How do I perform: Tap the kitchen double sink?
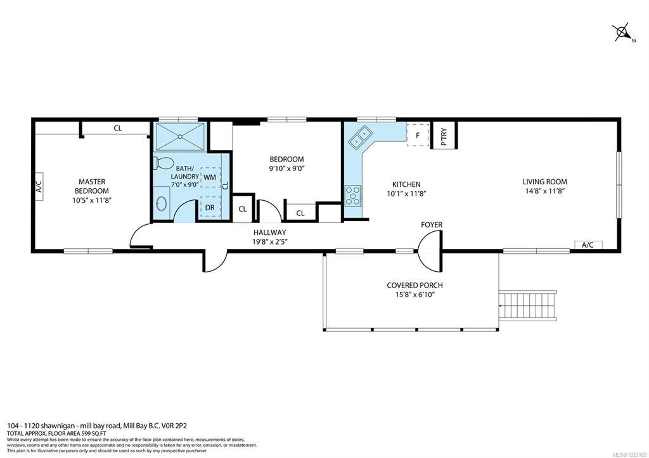[x=360, y=137]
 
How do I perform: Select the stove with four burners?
[x=352, y=196]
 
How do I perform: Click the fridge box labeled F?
[x=418, y=135]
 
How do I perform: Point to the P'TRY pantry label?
[x=444, y=136]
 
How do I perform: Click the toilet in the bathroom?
[x=164, y=163]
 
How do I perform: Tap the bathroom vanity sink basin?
[x=161, y=204]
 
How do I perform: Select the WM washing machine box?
[x=210, y=177]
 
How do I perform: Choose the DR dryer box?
[x=210, y=207]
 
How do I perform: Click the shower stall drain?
[x=180, y=136]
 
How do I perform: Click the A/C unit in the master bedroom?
[x=39, y=187]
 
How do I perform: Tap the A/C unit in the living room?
[x=588, y=245]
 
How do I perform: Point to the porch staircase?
[x=528, y=305]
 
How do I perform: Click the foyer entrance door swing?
[x=430, y=251]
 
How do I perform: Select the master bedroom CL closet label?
[x=118, y=128]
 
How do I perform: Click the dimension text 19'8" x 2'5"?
[x=270, y=242]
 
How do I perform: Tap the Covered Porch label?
[x=414, y=286]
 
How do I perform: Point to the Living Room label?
[x=544, y=182]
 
